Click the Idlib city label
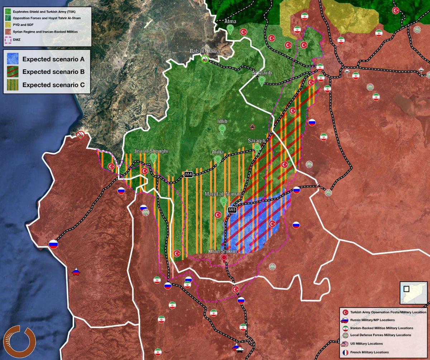[x=222, y=121]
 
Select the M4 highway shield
[x=189, y=175]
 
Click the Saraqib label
[x=257, y=141]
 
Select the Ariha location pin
[x=218, y=160]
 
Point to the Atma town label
[x=230, y=22]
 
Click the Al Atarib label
[x=262, y=73]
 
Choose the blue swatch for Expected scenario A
[x=12, y=59]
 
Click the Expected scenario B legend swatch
[x=12, y=72]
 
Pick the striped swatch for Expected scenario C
[x=12, y=85]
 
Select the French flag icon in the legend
[x=344, y=352]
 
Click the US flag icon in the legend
[x=344, y=344]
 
